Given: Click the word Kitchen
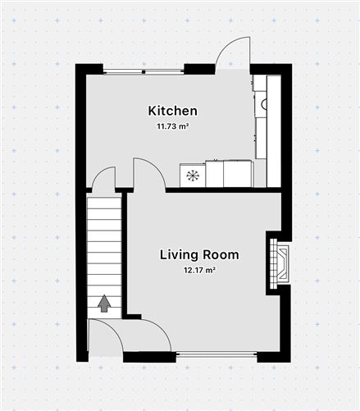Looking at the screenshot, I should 172,111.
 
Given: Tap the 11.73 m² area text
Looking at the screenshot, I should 172,126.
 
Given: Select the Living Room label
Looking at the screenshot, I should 199,255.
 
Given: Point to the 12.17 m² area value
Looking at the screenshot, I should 199,270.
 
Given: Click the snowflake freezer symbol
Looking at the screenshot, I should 193,175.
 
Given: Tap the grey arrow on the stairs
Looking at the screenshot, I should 104,304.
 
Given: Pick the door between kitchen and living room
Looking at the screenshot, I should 148,173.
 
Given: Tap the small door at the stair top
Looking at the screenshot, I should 103,178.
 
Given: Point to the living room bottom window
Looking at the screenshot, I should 216,355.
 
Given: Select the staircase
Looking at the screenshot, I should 104,254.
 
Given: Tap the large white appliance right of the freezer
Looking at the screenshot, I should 238,174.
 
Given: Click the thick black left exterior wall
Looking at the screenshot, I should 81,213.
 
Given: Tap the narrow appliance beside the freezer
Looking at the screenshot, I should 214,174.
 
